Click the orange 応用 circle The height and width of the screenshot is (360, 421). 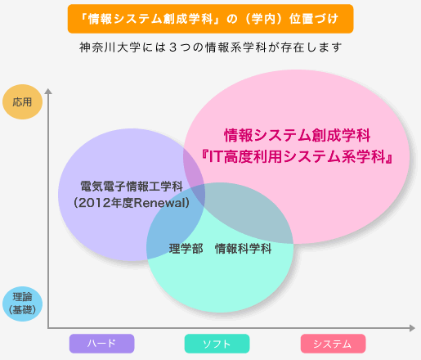coord(22,101)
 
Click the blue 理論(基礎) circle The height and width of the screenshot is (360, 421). coord(22,304)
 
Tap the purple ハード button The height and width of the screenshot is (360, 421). coord(101,344)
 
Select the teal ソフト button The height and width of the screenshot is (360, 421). coord(217,344)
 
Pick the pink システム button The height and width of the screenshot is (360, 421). coord(333,344)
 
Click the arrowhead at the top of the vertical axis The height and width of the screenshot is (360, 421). coord(48,91)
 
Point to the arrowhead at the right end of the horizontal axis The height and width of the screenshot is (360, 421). coord(412,328)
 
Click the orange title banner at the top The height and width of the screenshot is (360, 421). coord(210,19)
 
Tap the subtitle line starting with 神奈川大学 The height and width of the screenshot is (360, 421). coord(210,47)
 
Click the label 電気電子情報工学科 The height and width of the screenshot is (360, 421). coord(132,187)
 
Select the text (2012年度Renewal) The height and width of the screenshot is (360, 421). coord(132,203)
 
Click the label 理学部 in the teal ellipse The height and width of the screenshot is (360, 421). coord(186,249)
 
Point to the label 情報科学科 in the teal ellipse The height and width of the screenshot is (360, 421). coord(243,249)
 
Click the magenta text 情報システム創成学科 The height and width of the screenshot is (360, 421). coord(298,135)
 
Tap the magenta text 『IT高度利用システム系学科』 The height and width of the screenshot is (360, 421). coord(297,157)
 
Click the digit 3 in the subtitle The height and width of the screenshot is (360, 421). coord(172,47)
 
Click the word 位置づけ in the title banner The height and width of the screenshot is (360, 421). coord(314,19)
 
